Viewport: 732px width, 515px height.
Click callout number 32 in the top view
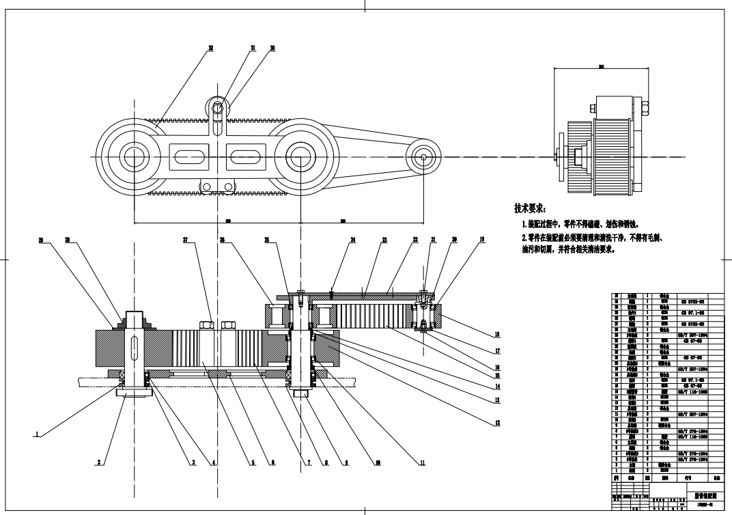[210, 48]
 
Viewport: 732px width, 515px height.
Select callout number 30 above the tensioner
[272, 48]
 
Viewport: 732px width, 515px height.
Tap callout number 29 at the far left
[41, 240]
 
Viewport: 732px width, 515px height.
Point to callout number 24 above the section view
[353, 240]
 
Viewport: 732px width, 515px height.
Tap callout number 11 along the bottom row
[422, 462]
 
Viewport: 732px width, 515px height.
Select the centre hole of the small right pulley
[424, 158]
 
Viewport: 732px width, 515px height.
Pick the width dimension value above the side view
[600, 67]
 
